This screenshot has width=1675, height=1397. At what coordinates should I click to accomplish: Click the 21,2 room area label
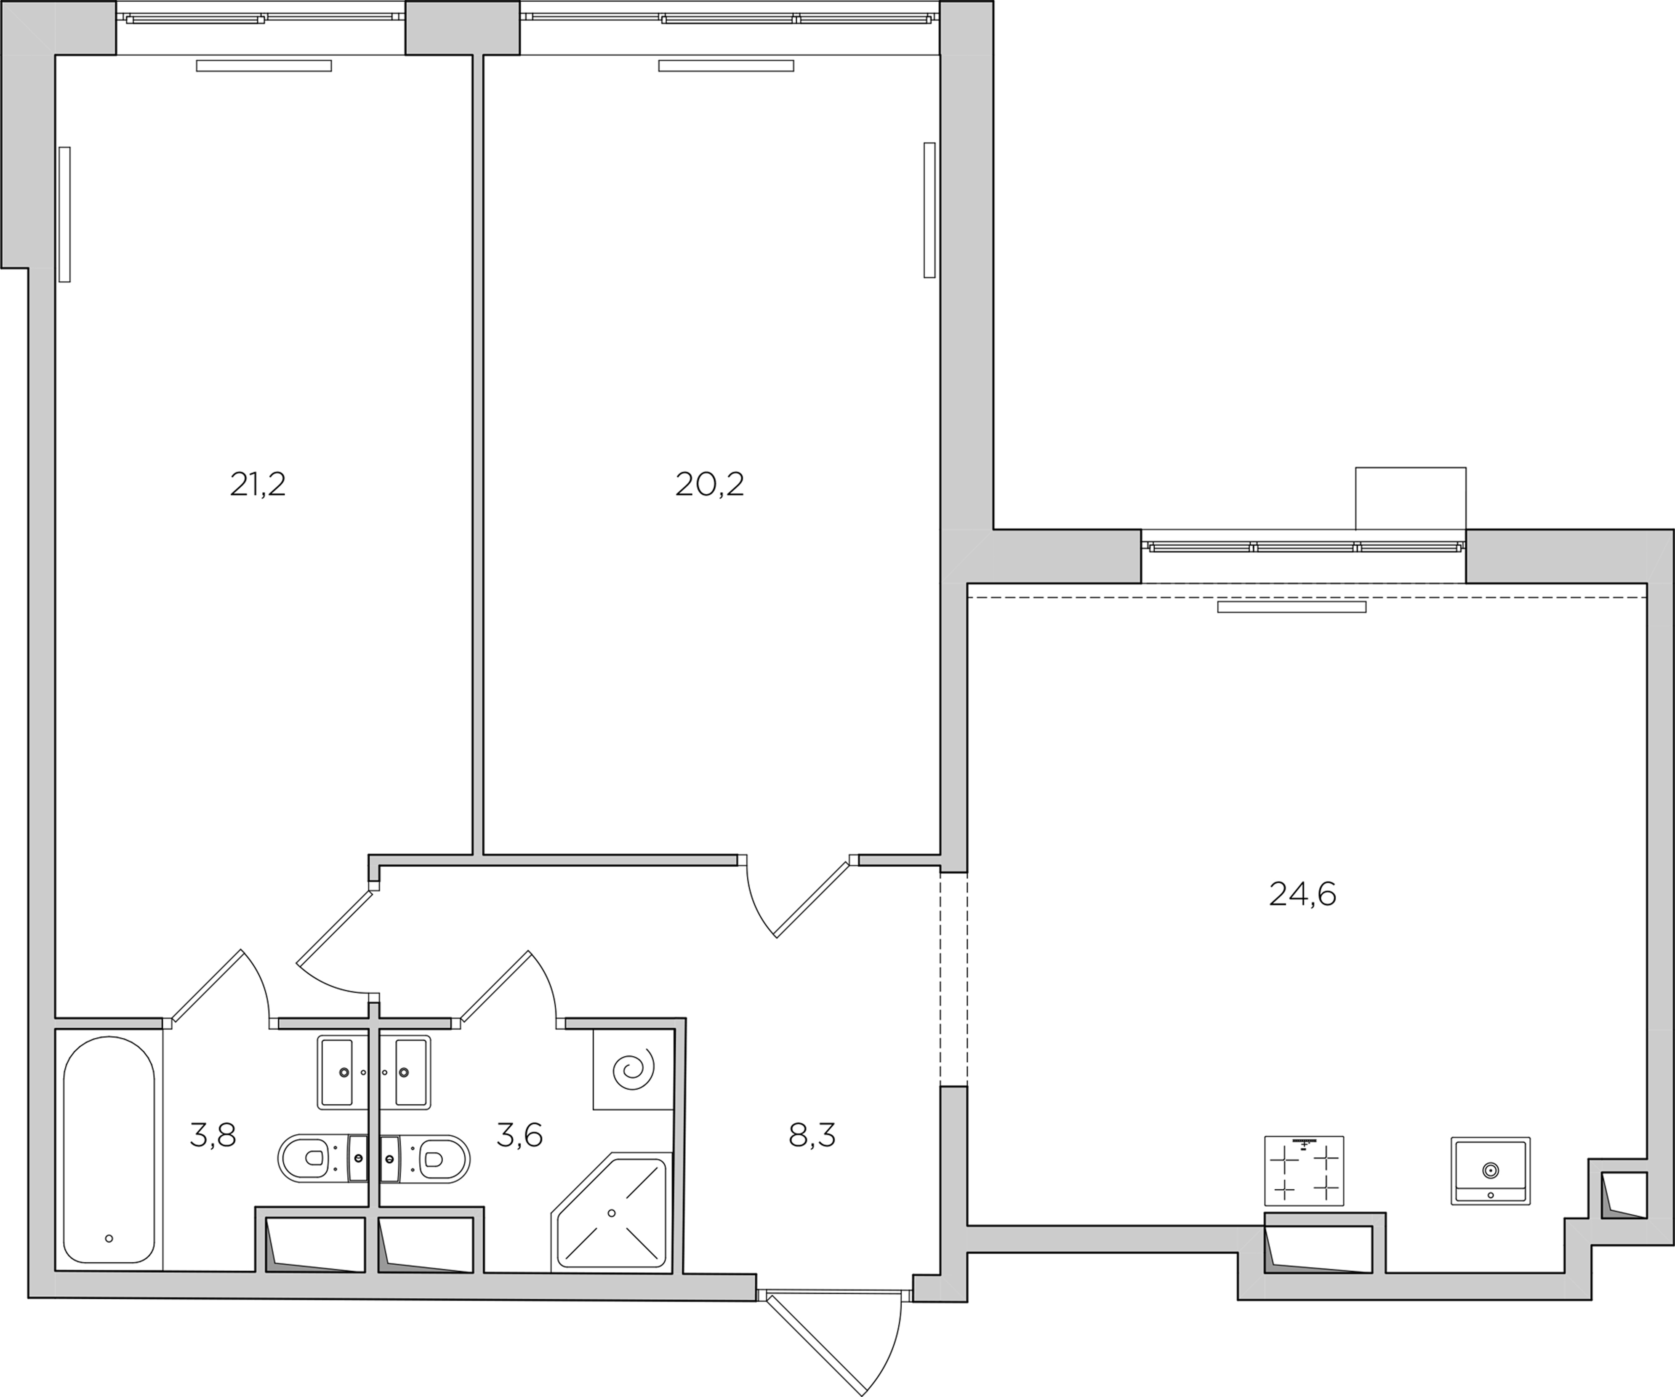(x=258, y=484)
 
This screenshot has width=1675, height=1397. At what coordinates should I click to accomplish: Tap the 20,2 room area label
(x=710, y=484)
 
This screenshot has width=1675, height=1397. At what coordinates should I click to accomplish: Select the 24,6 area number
(x=1302, y=894)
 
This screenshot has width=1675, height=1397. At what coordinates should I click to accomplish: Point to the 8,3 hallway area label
(x=812, y=1135)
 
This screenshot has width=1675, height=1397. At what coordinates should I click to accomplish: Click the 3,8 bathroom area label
(x=213, y=1135)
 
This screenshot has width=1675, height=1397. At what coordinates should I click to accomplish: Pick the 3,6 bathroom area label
(x=519, y=1135)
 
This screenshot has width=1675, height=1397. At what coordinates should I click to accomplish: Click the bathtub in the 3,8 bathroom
(x=109, y=1150)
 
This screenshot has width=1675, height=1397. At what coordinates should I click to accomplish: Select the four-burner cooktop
(x=1304, y=1170)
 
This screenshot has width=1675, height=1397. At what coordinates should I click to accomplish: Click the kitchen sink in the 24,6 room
(x=1490, y=1170)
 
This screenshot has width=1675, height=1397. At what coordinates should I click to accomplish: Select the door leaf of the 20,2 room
(x=811, y=899)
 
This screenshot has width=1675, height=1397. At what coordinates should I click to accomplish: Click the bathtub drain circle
(x=109, y=1238)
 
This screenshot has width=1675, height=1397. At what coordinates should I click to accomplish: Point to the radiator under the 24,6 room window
(x=1292, y=607)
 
